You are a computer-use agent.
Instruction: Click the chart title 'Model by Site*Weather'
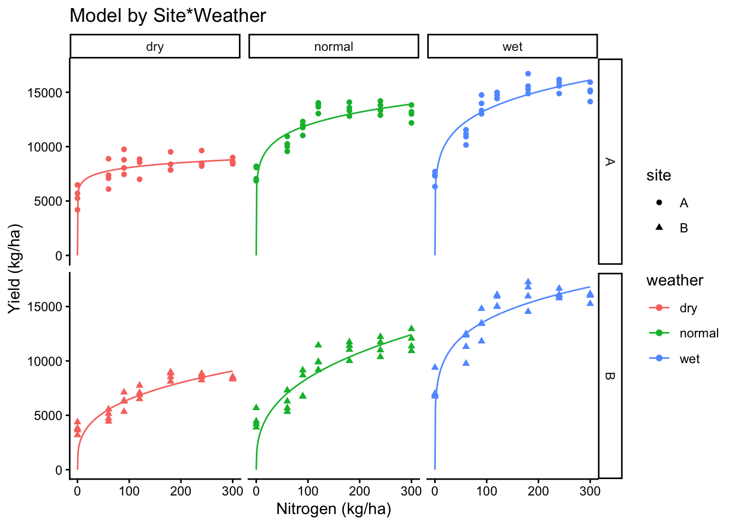pos(168,16)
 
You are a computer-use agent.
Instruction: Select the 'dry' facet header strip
pos(155,46)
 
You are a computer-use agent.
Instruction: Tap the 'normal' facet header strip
pos(334,46)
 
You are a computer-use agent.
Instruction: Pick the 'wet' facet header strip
pos(512,46)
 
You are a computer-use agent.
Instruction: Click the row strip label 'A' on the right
pos(610,161)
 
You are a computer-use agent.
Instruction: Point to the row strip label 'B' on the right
pos(610,376)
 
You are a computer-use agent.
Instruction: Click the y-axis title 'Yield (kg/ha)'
pos(15,269)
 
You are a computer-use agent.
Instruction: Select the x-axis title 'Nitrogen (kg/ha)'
pos(334,509)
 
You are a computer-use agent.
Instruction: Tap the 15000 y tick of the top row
pos(44,92)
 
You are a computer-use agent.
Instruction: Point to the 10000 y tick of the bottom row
pos(44,361)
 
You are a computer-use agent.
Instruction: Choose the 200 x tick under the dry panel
pos(180,491)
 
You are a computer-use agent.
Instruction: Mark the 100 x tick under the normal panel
pos(308,491)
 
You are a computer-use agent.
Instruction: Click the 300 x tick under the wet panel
pos(590,491)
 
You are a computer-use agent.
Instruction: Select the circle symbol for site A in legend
pos(660,203)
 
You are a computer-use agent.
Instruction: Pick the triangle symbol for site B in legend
pos(660,227)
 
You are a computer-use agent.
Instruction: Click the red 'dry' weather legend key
pos(660,308)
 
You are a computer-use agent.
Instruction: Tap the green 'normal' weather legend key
pos(660,333)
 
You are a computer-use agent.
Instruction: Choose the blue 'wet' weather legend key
pos(660,359)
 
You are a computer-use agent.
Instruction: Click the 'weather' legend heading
pos(675,281)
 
